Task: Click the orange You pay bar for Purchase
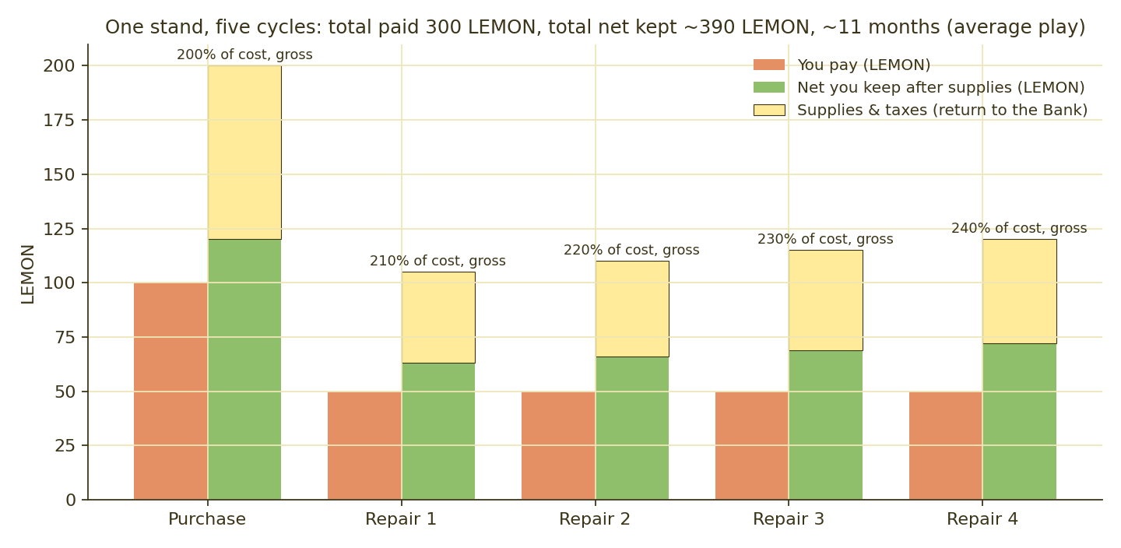pyautogui.click(x=170, y=391)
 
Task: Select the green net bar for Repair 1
pyautogui.click(x=438, y=431)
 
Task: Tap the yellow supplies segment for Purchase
pyautogui.click(x=244, y=152)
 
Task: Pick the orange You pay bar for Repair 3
pyautogui.click(x=752, y=445)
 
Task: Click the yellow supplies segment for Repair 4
pyautogui.click(x=1020, y=291)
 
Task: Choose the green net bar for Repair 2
pyautogui.click(x=632, y=428)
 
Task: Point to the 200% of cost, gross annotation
pyautogui.click(x=244, y=54)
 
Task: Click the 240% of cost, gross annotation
pyautogui.click(x=1020, y=228)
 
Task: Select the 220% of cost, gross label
pyautogui.click(x=631, y=250)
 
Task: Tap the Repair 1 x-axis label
pyautogui.click(x=401, y=519)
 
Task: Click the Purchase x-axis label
pyautogui.click(x=207, y=519)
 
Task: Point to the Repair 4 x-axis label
pyautogui.click(x=982, y=519)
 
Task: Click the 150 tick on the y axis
pyautogui.click(x=59, y=174)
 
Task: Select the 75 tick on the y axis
pyautogui.click(x=65, y=337)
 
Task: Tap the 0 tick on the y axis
pyautogui.click(x=71, y=500)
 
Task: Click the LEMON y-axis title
pyautogui.click(x=28, y=274)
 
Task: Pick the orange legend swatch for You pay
pyautogui.click(x=769, y=65)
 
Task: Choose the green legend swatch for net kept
pyautogui.click(x=769, y=88)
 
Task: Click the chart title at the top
pyautogui.click(x=595, y=27)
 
